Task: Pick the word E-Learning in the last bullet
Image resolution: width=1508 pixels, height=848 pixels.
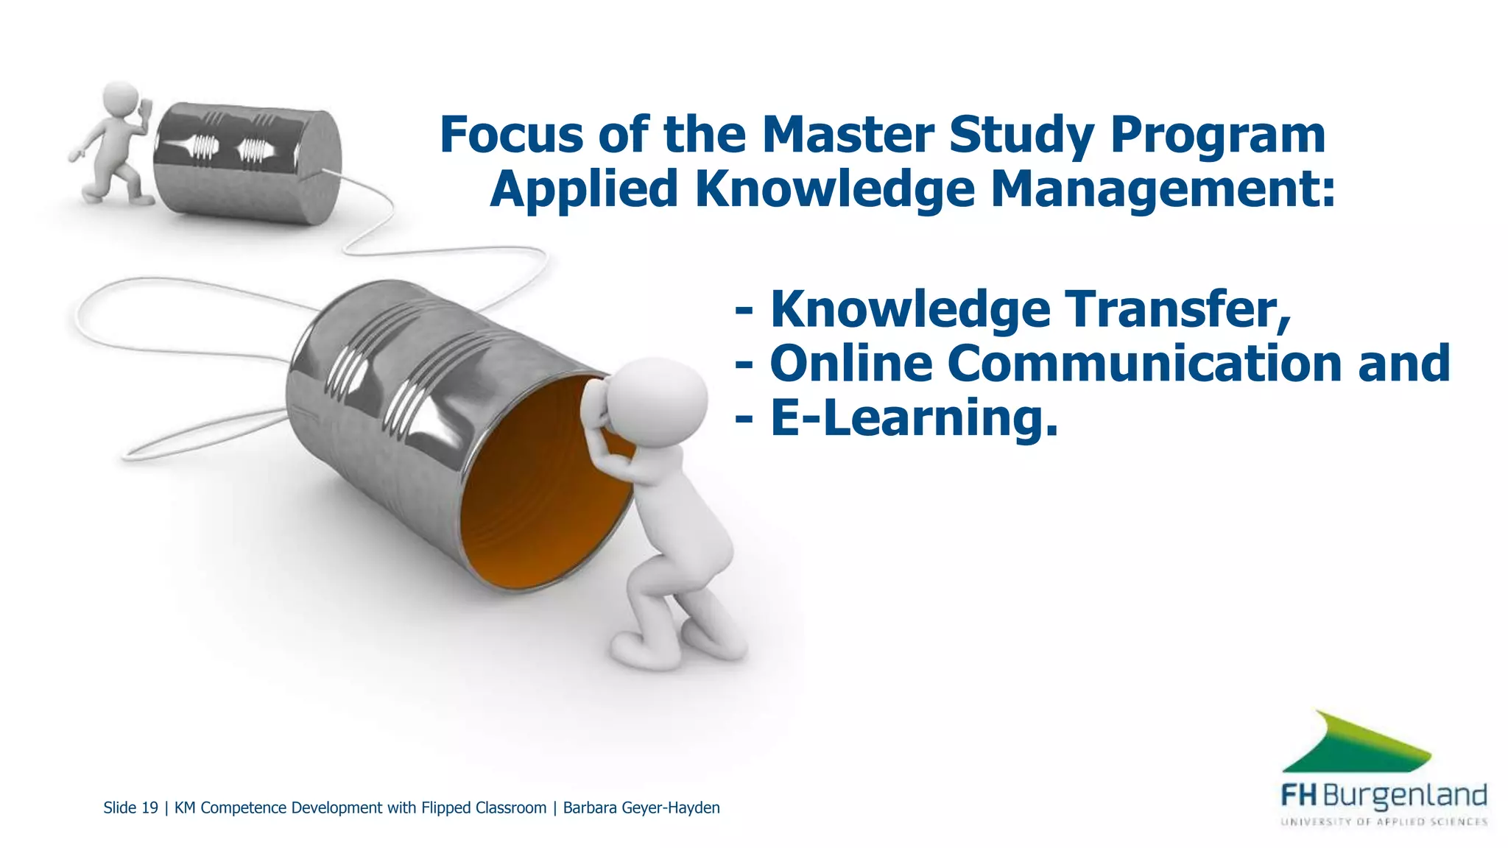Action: tap(913, 418)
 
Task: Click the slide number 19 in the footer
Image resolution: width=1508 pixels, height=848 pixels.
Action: tap(149, 808)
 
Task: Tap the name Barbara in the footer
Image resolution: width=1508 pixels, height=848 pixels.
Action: tap(590, 808)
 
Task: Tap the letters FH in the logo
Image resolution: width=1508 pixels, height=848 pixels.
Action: tap(1299, 796)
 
